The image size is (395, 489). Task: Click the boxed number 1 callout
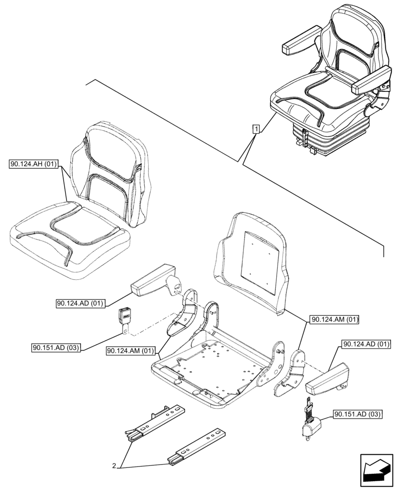[x=256, y=129]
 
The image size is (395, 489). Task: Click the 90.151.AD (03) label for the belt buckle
[x=56, y=348]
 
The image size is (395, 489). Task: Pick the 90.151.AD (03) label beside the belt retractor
[x=357, y=415]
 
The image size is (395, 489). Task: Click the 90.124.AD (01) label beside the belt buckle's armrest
[x=80, y=303]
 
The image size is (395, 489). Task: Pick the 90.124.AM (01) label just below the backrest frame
[x=334, y=320]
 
